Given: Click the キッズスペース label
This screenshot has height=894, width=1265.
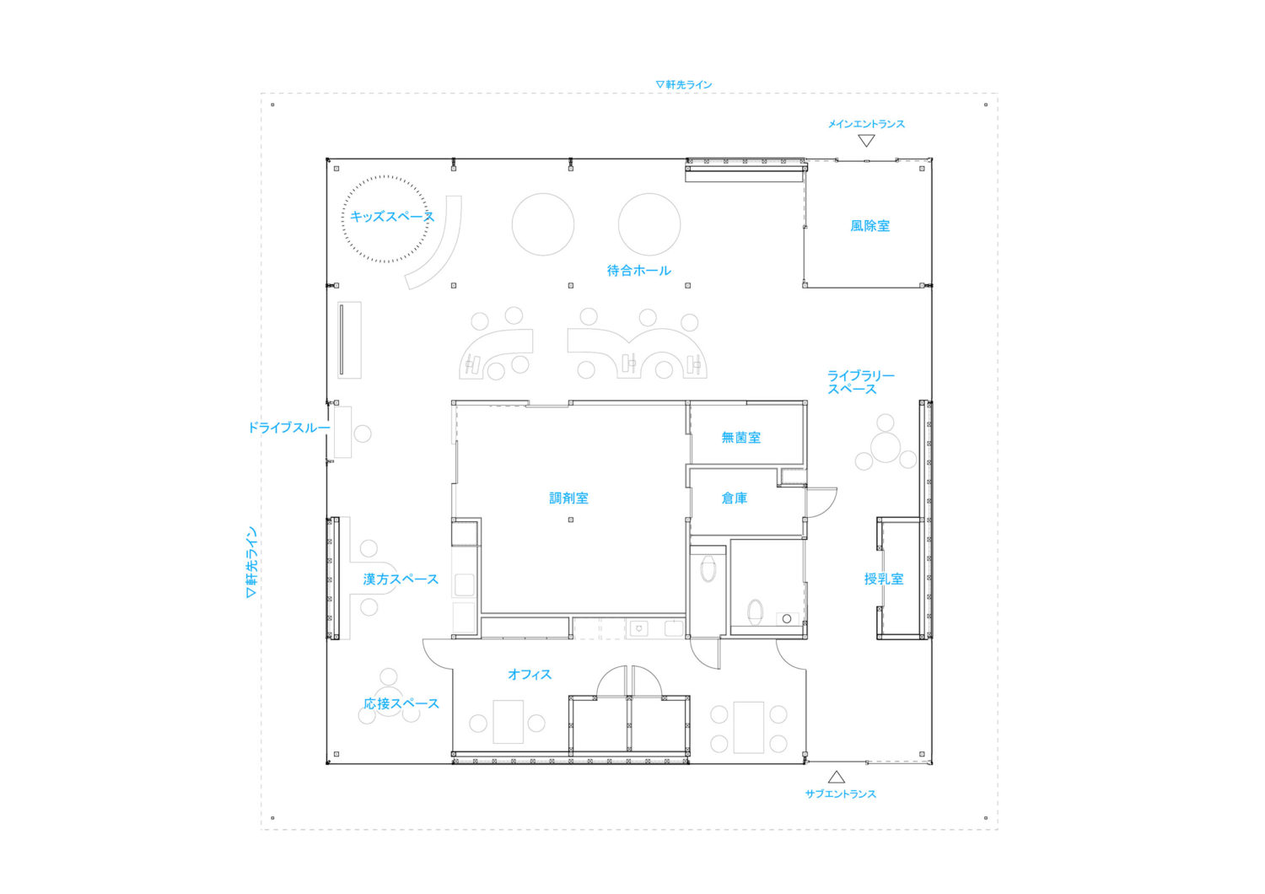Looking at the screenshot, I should [x=391, y=217].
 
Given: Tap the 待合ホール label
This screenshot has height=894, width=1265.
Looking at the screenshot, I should [x=638, y=271].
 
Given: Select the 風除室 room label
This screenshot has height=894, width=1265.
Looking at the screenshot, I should [x=869, y=226].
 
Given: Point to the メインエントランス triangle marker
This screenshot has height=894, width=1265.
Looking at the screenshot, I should [x=866, y=141].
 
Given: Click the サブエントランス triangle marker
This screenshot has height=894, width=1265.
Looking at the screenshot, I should [x=836, y=777].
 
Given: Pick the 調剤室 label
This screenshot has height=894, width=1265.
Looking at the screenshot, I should [x=568, y=498].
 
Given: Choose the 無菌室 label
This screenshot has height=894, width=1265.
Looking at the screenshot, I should [x=740, y=438].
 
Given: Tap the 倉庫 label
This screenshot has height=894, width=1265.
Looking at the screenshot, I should [x=734, y=498].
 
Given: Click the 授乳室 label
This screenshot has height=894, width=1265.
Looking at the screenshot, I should [x=883, y=579].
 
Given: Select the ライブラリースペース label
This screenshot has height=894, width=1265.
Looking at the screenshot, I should [x=859, y=382].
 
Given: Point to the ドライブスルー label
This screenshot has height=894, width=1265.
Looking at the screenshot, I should [x=288, y=428].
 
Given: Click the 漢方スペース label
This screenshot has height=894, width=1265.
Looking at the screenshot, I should [x=401, y=579].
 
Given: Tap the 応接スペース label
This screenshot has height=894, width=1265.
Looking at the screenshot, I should [x=401, y=703].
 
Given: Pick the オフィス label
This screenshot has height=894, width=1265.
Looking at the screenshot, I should [x=529, y=675].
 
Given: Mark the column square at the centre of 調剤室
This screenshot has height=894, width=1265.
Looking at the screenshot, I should [x=571, y=520].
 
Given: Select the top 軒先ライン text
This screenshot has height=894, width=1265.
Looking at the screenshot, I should [x=684, y=84].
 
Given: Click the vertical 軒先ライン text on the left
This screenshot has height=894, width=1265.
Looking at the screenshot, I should [x=250, y=563].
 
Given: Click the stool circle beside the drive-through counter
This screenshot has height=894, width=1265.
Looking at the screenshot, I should [x=363, y=434].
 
